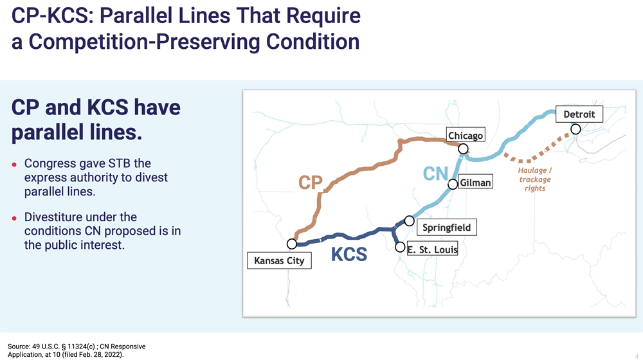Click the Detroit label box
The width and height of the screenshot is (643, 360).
(583, 114)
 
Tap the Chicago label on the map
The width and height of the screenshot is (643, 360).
(465, 136)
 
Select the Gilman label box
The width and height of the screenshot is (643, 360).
(475, 183)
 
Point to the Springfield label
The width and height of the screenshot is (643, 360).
(446, 228)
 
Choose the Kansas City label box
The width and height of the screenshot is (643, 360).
(279, 261)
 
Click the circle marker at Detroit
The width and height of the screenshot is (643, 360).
(575, 129)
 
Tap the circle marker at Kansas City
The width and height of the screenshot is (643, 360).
(292, 244)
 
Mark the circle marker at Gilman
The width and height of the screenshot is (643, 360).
(453, 184)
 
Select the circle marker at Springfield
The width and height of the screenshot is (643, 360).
(409, 221)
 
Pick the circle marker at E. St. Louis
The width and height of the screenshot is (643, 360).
(400, 247)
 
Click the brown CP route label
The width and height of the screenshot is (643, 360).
(311, 183)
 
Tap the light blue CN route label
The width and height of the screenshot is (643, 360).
(435, 174)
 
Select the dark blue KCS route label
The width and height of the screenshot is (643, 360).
(349, 255)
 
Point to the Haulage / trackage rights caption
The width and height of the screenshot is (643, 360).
(534, 179)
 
